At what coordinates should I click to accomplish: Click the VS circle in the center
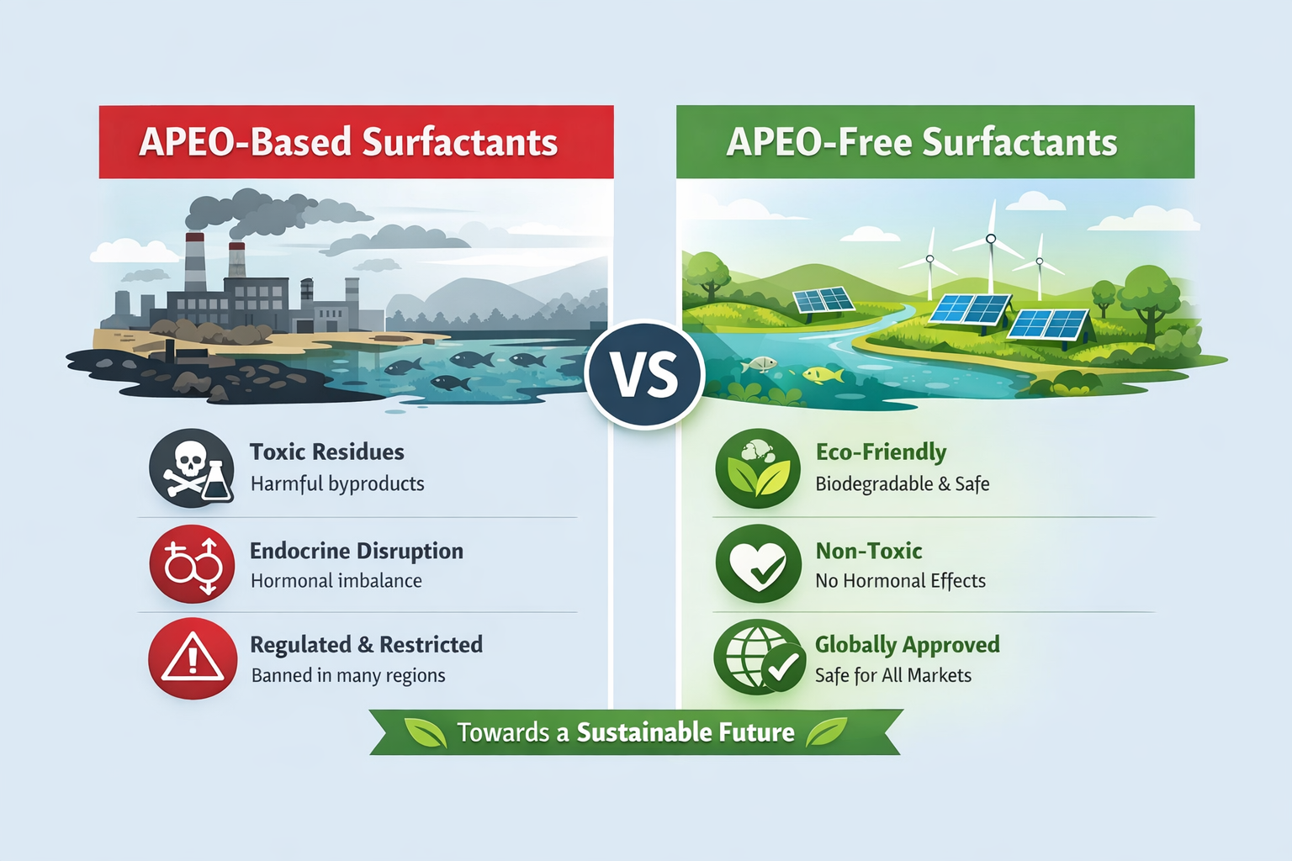pyautogui.click(x=644, y=375)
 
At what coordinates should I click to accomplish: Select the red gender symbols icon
pyautogui.click(x=192, y=563)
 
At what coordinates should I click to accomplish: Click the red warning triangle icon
pyautogui.click(x=193, y=658)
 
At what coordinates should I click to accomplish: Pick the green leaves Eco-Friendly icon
pyautogui.click(x=758, y=468)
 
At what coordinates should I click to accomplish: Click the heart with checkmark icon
pyautogui.click(x=759, y=563)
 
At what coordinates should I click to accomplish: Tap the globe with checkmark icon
pyautogui.click(x=759, y=657)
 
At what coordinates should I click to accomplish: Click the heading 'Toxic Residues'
pyautogui.click(x=326, y=452)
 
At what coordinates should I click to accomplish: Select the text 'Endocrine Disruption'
pyautogui.click(x=357, y=551)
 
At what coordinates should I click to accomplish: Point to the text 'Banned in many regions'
pyautogui.click(x=348, y=674)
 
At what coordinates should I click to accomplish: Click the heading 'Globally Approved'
pyautogui.click(x=908, y=645)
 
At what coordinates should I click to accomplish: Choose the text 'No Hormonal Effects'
pyautogui.click(x=900, y=580)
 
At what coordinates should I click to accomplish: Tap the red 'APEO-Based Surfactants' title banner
pyautogui.click(x=357, y=142)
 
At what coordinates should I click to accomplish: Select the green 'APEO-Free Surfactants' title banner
pyautogui.click(x=935, y=142)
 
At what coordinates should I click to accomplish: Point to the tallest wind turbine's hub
pyautogui.click(x=990, y=239)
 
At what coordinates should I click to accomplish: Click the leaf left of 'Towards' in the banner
pyautogui.click(x=426, y=732)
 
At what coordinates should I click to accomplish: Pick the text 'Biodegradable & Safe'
pyautogui.click(x=902, y=483)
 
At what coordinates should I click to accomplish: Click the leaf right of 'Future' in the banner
pyautogui.click(x=827, y=732)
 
